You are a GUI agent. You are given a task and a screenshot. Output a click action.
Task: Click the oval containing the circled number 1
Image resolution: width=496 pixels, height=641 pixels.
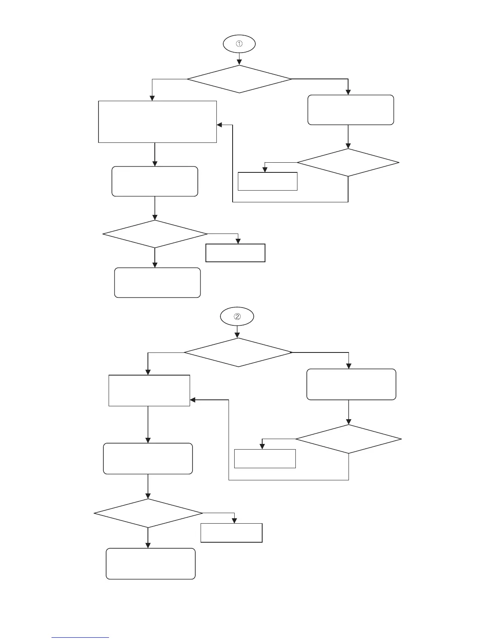tap(239, 44)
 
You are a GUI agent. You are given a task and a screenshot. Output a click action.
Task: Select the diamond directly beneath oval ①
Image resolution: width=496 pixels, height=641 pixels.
tap(239, 79)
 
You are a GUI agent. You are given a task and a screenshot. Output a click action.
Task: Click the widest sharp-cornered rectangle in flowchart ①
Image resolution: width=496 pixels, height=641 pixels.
tap(158, 121)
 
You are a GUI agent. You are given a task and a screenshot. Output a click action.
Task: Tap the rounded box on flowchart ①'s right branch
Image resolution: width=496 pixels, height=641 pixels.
tap(351, 110)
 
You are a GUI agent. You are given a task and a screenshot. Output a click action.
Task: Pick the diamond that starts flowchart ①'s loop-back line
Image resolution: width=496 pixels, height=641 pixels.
tap(348, 163)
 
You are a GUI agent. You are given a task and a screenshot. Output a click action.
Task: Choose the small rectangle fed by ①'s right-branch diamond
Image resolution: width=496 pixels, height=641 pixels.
tap(267, 181)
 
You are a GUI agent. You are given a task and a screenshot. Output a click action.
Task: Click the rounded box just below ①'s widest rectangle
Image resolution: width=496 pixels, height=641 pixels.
tap(155, 181)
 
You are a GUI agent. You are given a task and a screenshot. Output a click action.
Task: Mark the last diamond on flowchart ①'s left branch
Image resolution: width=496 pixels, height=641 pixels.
tap(155, 234)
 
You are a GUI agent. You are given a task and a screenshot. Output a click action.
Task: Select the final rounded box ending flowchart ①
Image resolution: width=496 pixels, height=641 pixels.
tap(157, 282)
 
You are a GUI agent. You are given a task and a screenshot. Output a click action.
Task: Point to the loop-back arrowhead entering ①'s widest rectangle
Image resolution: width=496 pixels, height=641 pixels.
tap(220, 125)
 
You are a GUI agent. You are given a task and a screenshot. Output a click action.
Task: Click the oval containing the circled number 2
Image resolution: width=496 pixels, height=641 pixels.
tap(237, 316)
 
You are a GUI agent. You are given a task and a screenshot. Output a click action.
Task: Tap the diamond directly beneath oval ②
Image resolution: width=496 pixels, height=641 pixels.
tap(238, 352)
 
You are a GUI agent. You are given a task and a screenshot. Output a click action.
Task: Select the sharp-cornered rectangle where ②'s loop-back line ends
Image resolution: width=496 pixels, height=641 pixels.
tap(149, 391)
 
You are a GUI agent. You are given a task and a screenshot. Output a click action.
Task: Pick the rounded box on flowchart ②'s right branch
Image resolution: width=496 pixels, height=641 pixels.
tap(351, 384)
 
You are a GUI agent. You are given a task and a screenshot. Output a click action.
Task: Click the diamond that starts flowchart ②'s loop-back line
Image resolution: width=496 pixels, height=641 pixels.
tap(348, 439)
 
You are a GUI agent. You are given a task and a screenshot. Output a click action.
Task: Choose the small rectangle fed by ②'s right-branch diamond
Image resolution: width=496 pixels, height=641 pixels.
tap(265, 458)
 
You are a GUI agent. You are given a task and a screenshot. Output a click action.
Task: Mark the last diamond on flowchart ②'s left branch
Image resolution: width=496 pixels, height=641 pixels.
tap(148, 513)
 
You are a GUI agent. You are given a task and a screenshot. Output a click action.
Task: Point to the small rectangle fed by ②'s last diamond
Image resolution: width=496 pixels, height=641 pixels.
tap(231, 533)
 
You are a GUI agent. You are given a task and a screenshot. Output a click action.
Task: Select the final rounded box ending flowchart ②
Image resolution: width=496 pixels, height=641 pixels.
tap(151, 564)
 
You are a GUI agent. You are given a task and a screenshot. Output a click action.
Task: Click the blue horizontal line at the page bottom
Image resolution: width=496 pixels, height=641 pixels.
tap(80, 638)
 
